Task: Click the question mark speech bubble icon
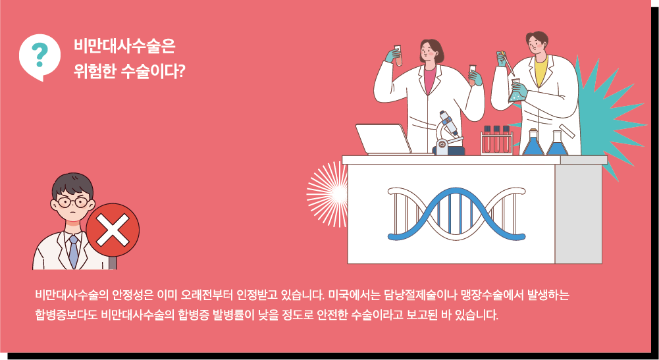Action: (40, 57)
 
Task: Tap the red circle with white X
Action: (113, 230)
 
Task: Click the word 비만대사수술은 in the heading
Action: (124, 46)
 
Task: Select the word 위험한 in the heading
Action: (94, 72)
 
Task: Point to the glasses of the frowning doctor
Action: (72, 202)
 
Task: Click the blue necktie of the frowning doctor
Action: (74, 251)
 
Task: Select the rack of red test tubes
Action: (497, 140)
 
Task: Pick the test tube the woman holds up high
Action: (398, 55)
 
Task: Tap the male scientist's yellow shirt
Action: (541, 72)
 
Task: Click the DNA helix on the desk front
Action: (456, 214)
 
